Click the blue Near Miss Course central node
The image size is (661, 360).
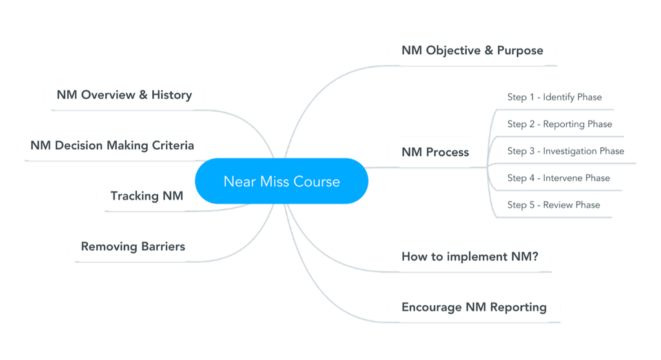point(281,181)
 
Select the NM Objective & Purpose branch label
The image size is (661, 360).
point(472,50)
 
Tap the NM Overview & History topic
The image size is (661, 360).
point(124,95)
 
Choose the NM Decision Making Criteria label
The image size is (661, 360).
point(112,145)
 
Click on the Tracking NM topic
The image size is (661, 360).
point(147,195)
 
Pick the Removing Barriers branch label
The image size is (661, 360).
point(133,246)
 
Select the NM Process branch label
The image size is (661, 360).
point(435,152)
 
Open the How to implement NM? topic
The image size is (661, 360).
point(470,256)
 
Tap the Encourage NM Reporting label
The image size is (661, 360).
point(474,307)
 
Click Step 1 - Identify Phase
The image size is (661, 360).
point(554,97)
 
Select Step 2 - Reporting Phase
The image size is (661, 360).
point(559,124)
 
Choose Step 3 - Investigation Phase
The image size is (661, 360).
point(565,151)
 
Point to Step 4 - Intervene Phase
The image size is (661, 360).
point(558,178)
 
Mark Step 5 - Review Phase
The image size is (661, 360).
point(553,205)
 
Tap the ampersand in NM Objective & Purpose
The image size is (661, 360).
point(487,50)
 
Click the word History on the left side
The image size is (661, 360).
point(172,95)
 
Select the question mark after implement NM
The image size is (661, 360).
point(535,256)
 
